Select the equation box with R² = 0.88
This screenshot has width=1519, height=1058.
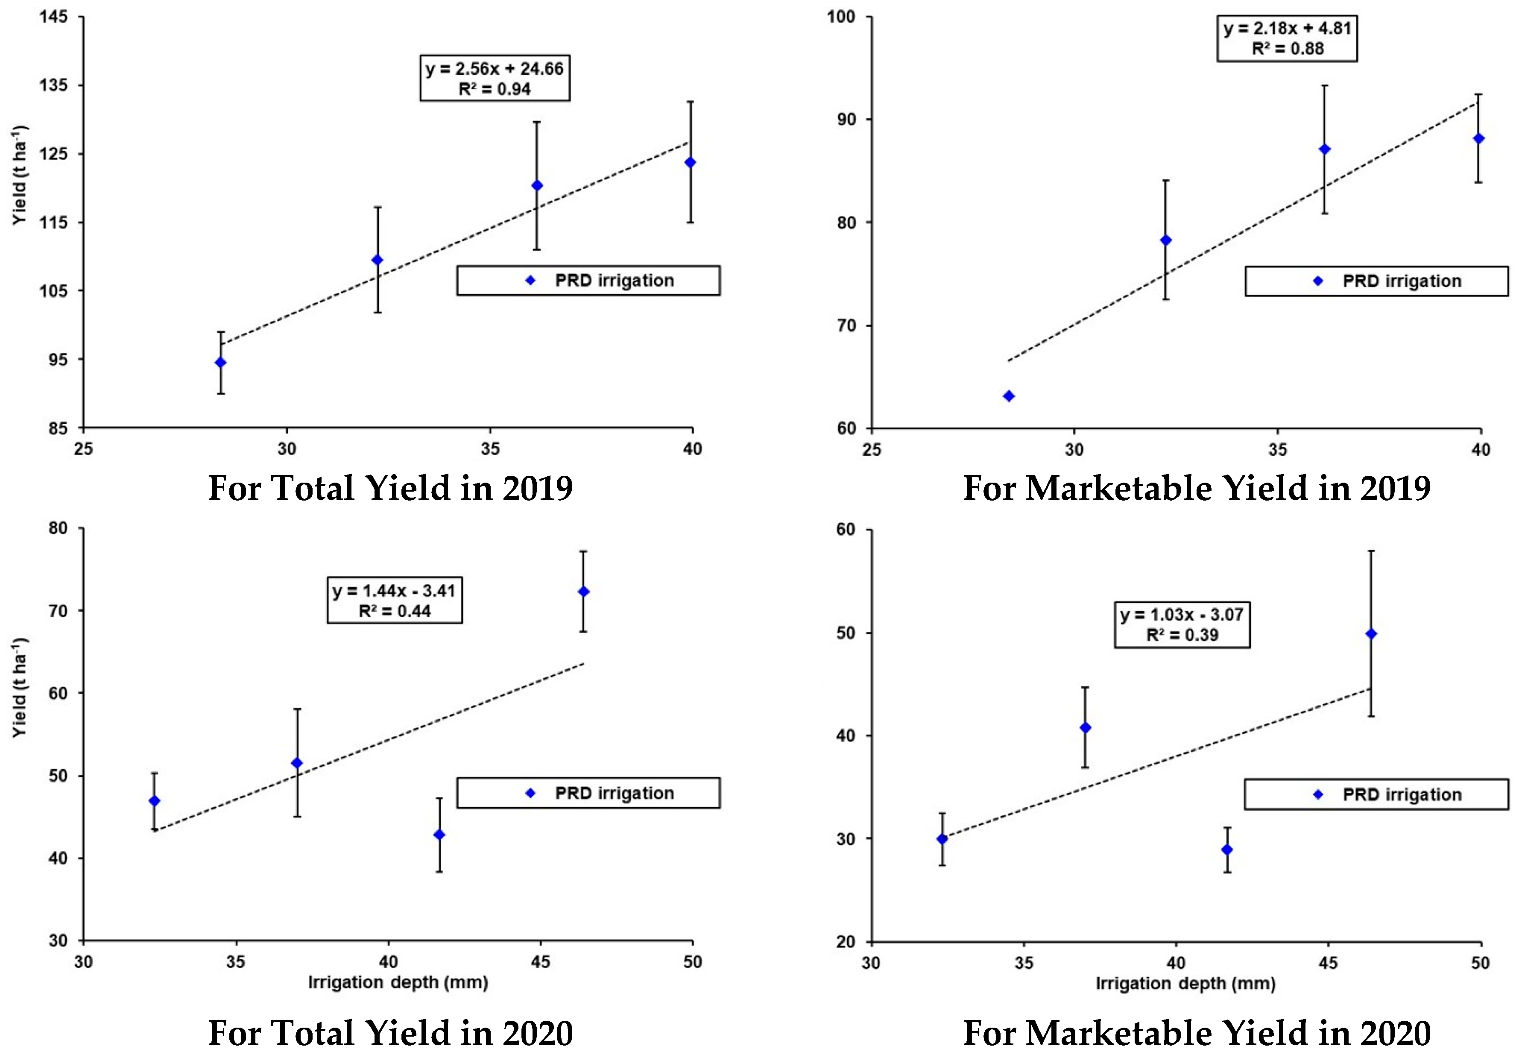coord(1287,38)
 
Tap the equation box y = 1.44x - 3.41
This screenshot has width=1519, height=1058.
coord(394,600)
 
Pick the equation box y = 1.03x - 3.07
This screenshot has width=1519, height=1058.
coord(1182,624)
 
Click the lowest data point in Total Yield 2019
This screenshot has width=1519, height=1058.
coord(220,363)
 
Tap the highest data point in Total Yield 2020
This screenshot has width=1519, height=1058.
coord(583,592)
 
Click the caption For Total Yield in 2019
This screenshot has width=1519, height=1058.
coord(390,488)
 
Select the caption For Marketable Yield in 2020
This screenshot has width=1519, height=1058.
coord(1196,1033)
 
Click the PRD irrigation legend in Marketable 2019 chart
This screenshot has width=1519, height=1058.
coord(1376,281)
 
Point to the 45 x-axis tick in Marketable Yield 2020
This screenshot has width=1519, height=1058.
coord(1328,963)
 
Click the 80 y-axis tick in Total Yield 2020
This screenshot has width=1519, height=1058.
coord(58,528)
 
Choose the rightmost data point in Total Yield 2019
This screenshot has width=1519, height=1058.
coord(690,162)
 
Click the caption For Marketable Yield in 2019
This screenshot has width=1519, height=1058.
coord(1196,488)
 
